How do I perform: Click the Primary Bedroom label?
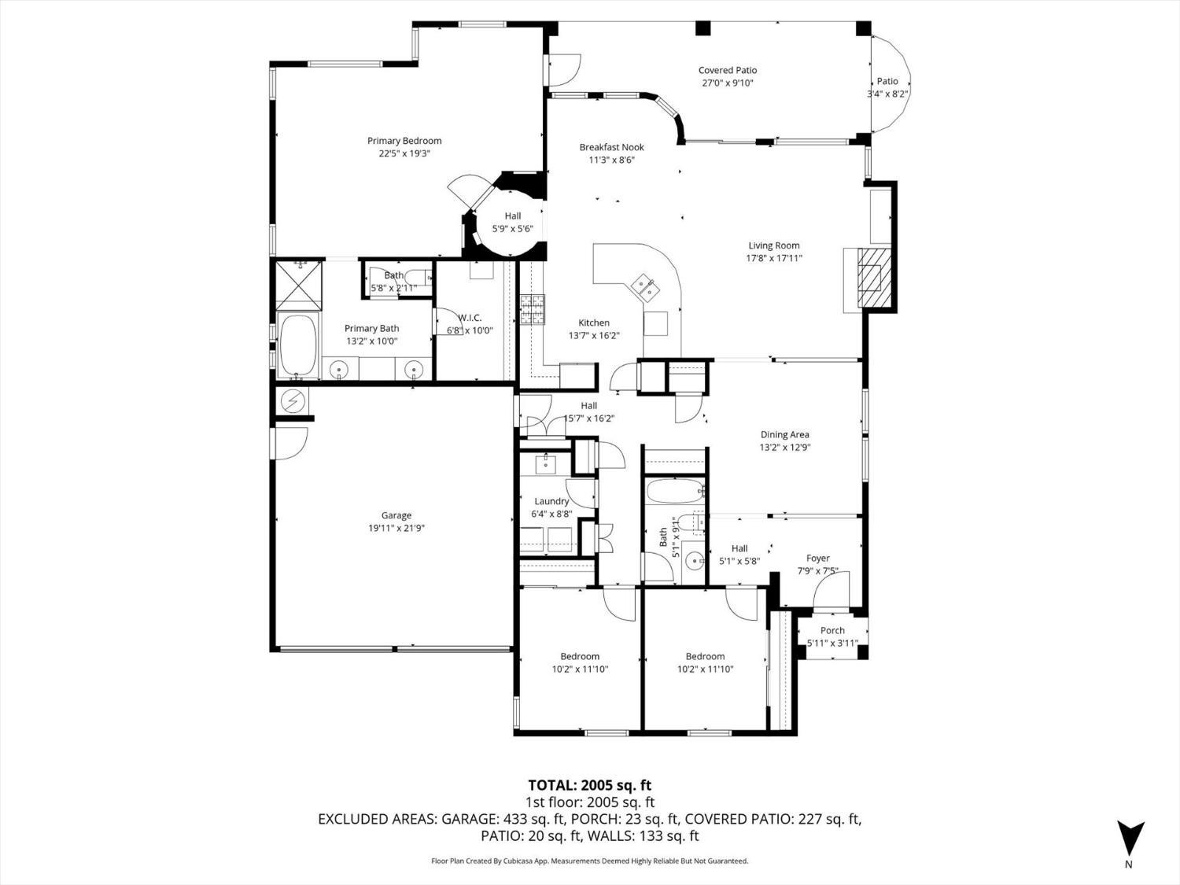click(x=404, y=142)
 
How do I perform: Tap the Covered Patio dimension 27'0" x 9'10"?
click(x=727, y=83)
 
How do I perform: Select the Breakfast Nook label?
click(x=611, y=147)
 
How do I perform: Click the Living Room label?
click(x=773, y=245)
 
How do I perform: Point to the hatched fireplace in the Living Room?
click(x=870, y=279)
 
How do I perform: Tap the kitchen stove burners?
click(x=531, y=310)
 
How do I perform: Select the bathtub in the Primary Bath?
click(x=297, y=346)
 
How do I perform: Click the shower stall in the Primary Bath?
click(x=297, y=285)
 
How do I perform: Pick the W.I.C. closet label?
click(x=470, y=318)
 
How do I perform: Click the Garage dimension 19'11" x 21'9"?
click(x=396, y=528)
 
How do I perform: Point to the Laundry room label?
click(x=551, y=501)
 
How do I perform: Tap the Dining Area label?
click(x=784, y=434)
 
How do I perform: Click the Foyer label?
click(x=817, y=559)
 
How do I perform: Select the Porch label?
click(x=832, y=630)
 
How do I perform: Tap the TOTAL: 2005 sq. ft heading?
click(x=589, y=785)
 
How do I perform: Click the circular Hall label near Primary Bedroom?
click(x=512, y=216)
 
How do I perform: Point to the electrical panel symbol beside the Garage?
click(x=293, y=401)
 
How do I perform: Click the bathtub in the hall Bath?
click(x=674, y=492)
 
